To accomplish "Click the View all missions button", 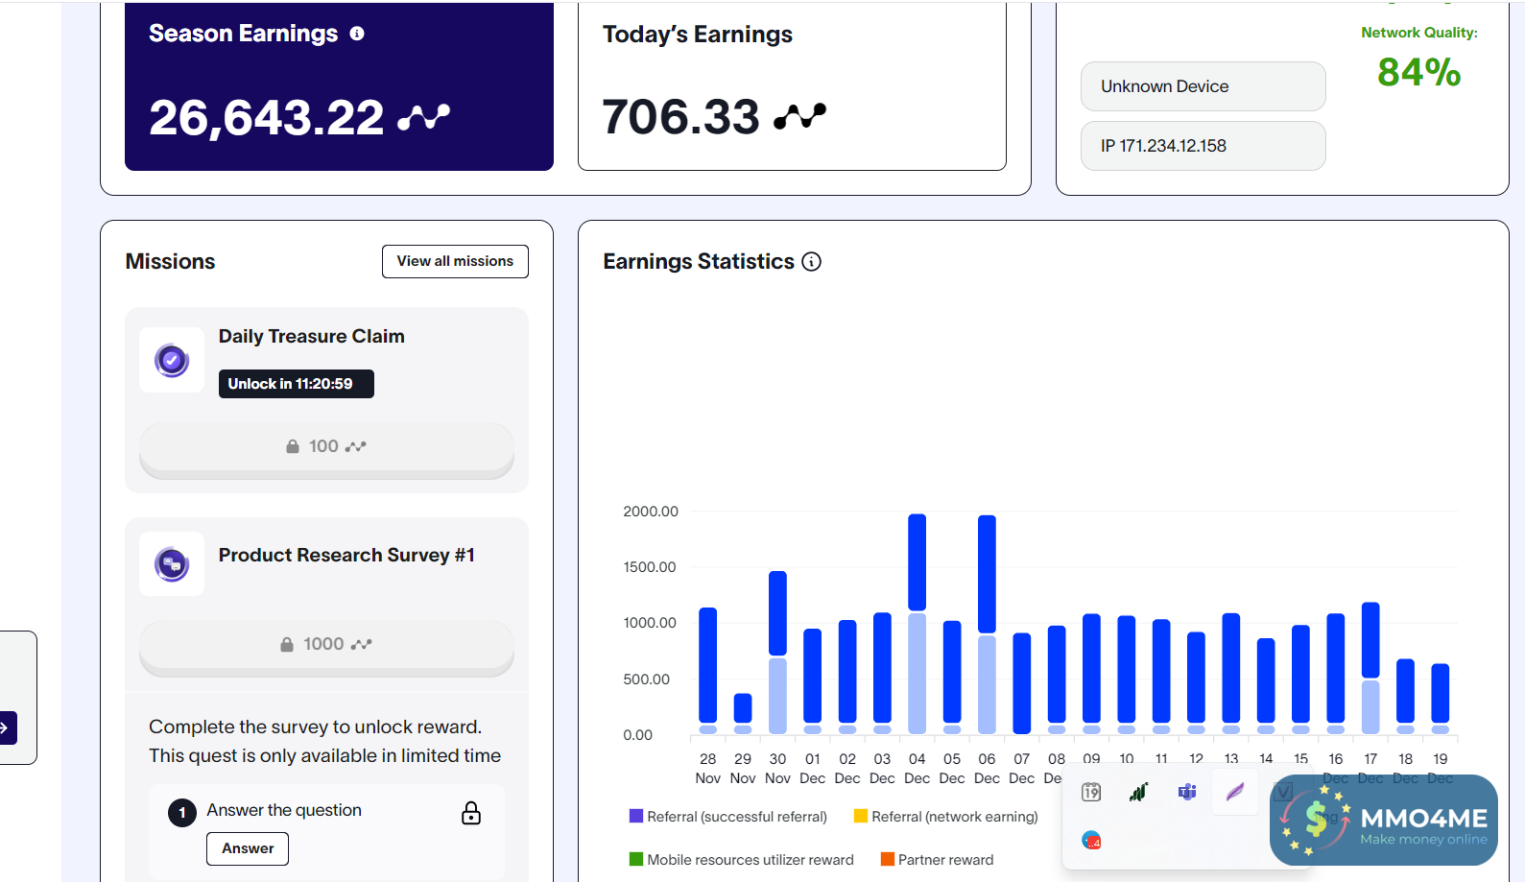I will tap(455, 261).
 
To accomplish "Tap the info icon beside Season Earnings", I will tap(357, 34).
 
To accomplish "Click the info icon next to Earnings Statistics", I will tap(812, 262).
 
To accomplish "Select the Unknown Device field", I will tap(1203, 86).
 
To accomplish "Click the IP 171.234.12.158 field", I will tap(1203, 146).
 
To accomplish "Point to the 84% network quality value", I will tap(1418, 73).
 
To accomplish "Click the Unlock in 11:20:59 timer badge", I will tap(296, 384).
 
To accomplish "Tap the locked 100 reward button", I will tap(326, 447).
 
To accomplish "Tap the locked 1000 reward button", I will tap(326, 645).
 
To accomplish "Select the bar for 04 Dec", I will tap(917, 624).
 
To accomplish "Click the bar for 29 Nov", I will tap(743, 710).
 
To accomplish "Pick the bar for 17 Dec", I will tap(1370, 667).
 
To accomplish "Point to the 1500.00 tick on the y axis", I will tap(650, 567).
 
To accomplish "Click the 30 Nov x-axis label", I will tap(777, 769).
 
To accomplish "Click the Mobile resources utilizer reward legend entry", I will tap(741, 860).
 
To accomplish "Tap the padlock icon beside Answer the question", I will tap(471, 814).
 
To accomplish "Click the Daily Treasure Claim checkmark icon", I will tap(172, 361).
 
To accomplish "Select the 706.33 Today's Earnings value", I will tap(680, 117).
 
